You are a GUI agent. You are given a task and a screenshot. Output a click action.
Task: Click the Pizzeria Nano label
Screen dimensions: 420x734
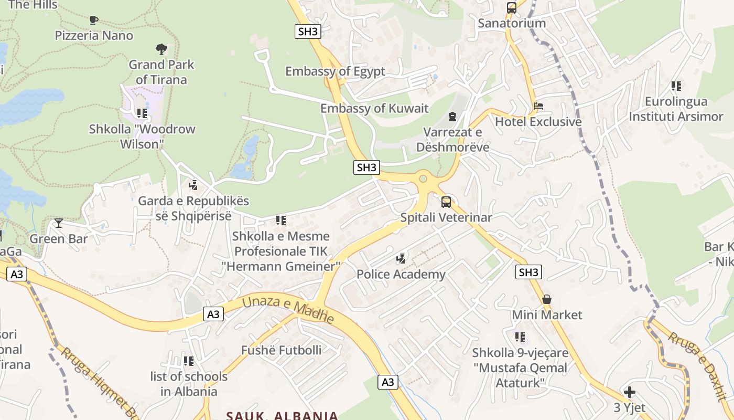point(94,36)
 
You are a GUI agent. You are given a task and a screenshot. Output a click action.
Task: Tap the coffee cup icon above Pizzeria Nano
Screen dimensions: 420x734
point(94,20)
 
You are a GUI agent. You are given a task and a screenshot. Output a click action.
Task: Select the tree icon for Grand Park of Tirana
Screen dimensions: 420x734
point(161,49)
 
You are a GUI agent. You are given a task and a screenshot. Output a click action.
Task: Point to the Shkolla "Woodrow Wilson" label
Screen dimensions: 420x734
point(142,136)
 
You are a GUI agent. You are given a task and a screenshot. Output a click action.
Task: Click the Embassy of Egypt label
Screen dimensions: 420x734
point(335,71)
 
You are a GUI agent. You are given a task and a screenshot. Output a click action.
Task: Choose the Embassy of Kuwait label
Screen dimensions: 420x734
point(374,109)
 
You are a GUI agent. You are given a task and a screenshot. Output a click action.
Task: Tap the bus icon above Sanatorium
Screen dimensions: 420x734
point(512,8)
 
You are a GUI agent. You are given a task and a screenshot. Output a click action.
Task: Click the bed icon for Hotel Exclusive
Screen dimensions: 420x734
point(538,106)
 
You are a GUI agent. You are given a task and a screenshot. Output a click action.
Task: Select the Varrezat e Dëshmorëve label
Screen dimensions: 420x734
point(452,140)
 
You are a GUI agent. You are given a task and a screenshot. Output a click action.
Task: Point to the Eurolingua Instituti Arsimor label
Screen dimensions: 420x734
point(676,109)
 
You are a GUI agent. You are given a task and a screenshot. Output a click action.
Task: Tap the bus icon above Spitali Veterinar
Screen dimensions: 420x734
point(446,202)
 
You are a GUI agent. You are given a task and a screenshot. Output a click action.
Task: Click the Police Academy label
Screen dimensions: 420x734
point(401,274)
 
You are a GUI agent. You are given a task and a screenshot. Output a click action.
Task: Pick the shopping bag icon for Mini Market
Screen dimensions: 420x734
point(547,299)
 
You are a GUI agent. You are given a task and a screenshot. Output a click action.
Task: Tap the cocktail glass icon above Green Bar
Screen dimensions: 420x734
point(59,223)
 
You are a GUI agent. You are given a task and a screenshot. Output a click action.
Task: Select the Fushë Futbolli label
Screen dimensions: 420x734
point(282,350)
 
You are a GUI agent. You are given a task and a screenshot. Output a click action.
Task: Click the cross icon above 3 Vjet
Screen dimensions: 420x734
point(630,392)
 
